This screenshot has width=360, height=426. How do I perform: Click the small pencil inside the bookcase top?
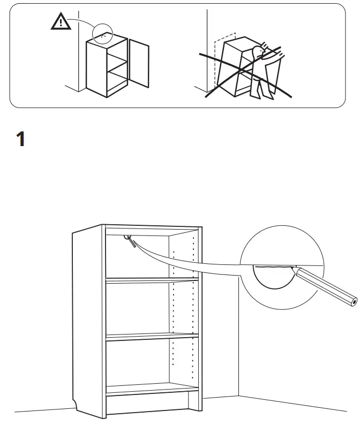tap(130, 241)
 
